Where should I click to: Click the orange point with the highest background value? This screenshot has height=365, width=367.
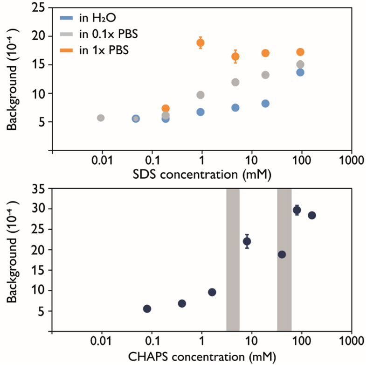click(201, 43)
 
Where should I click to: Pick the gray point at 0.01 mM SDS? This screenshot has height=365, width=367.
click(100, 118)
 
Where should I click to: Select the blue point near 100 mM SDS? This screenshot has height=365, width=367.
click(300, 72)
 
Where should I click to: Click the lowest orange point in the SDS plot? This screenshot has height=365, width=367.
click(166, 108)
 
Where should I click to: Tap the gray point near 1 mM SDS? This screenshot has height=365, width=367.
click(201, 95)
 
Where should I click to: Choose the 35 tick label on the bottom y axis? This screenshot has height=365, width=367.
click(39, 189)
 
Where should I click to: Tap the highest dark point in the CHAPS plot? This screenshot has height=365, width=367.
click(297, 210)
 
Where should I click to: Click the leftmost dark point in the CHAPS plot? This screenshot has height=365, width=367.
click(147, 309)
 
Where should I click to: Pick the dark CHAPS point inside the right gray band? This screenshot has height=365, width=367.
click(282, 254)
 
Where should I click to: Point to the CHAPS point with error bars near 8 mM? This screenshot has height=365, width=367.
click(247, 241)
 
